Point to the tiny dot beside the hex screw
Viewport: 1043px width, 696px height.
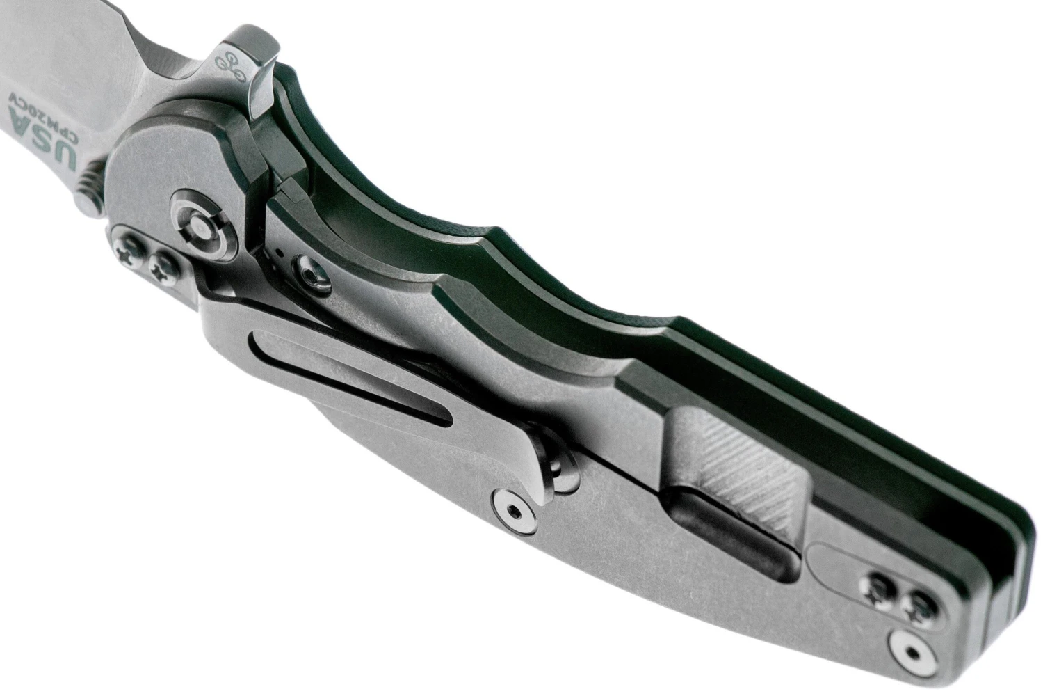[x=279, y=253]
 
